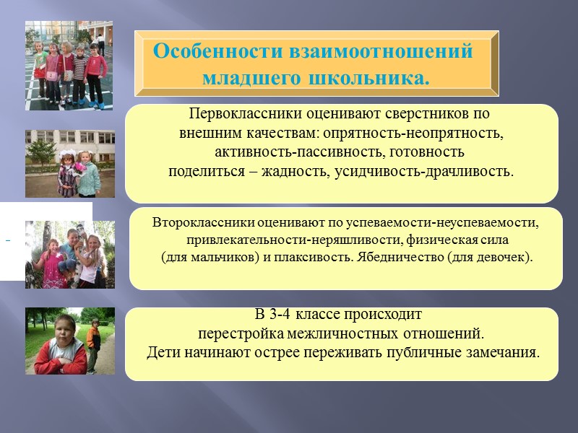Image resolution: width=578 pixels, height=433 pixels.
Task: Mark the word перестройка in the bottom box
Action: tap(241, 334)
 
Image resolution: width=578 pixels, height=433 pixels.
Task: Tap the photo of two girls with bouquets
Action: tap(70, 164)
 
